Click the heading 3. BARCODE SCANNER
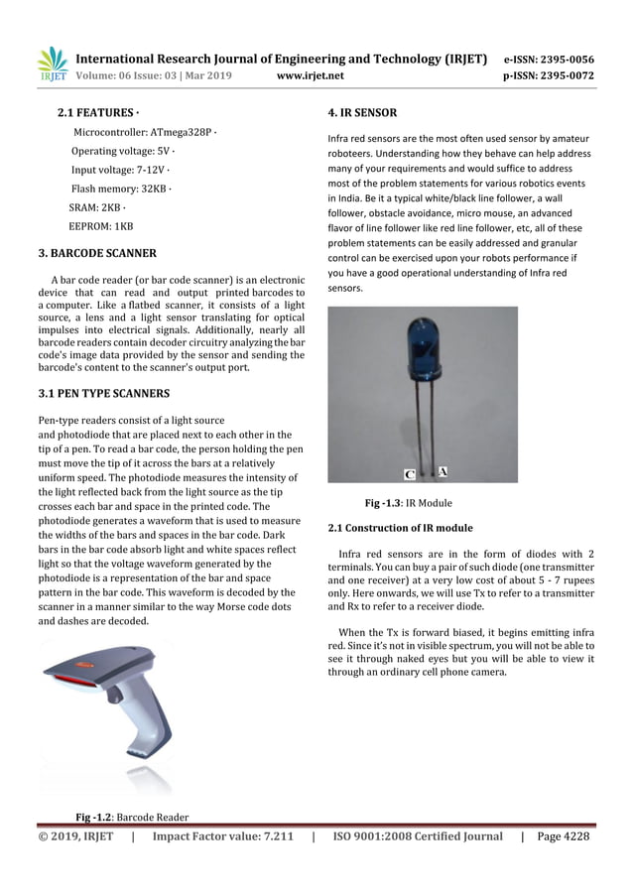(x=96, y=254)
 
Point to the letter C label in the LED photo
(x=410, y=473)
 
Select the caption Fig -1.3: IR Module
(x=409, y=503)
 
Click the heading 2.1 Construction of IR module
(x=400, y=527)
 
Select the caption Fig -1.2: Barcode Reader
(x=133, y=818)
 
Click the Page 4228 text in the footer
(x=563, y=836)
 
